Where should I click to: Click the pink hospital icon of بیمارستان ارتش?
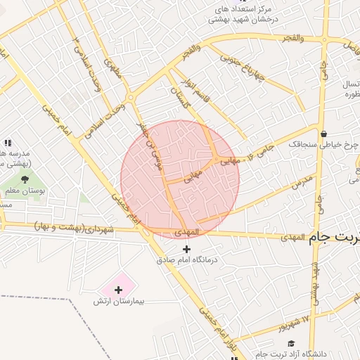click(118, 289)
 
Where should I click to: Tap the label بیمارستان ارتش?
click(119, 301)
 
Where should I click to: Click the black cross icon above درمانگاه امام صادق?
click(186, 250)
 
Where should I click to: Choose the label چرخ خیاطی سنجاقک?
click(323, 144)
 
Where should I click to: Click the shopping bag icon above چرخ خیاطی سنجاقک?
click(323, 134)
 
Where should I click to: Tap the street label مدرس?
click(300, 182)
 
